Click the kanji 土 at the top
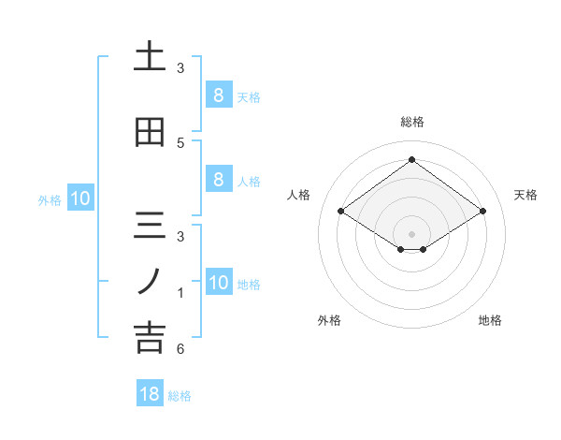tap(150, 57)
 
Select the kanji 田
tap(150, 132)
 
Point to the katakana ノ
tap(150, 280)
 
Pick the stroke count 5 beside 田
tap(180, 142)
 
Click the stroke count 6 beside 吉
tap(180, 349)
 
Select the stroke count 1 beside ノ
tap(180, 293)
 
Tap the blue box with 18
tap(150, 394)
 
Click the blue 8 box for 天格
tap(218, 95)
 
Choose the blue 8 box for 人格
tap(218, 180)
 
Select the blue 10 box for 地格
tap(218, 283)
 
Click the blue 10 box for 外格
tap(79, 198)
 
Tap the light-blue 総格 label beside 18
tap(180, 396)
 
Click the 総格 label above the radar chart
tap(411, 122)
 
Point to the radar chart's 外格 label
tap(329, 320)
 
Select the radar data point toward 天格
tap(482, 212)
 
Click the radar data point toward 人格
tap(340, 212)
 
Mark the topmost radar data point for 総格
tap(411, 159)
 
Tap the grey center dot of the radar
tap(411, 233)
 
